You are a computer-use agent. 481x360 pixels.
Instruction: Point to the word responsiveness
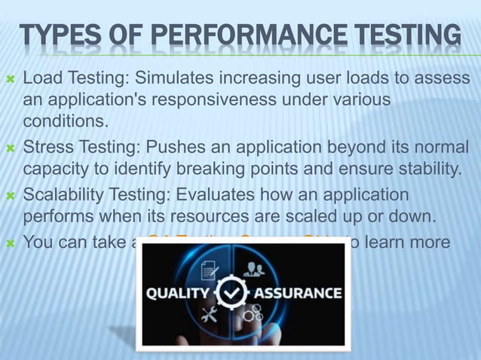pyautogui.click(x=221, y=99)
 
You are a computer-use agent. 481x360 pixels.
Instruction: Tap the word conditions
pyautogui.click(x=66, y=121)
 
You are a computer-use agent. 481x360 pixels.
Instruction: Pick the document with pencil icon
pyautogui.click(x=210, y=268)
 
